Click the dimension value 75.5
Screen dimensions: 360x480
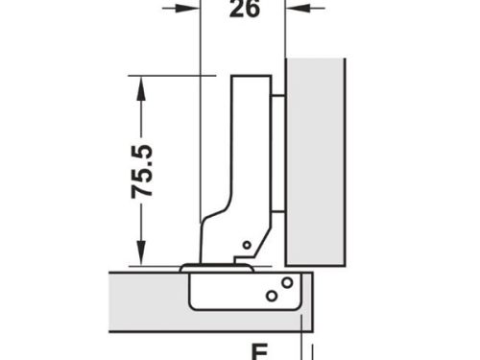coord(144,171)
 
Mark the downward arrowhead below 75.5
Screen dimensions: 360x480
coord(142,255)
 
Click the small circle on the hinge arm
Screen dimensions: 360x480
coord(248,246)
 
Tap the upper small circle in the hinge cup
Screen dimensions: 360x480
coord(287,281)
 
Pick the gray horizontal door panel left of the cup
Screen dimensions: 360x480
coord(144,301)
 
